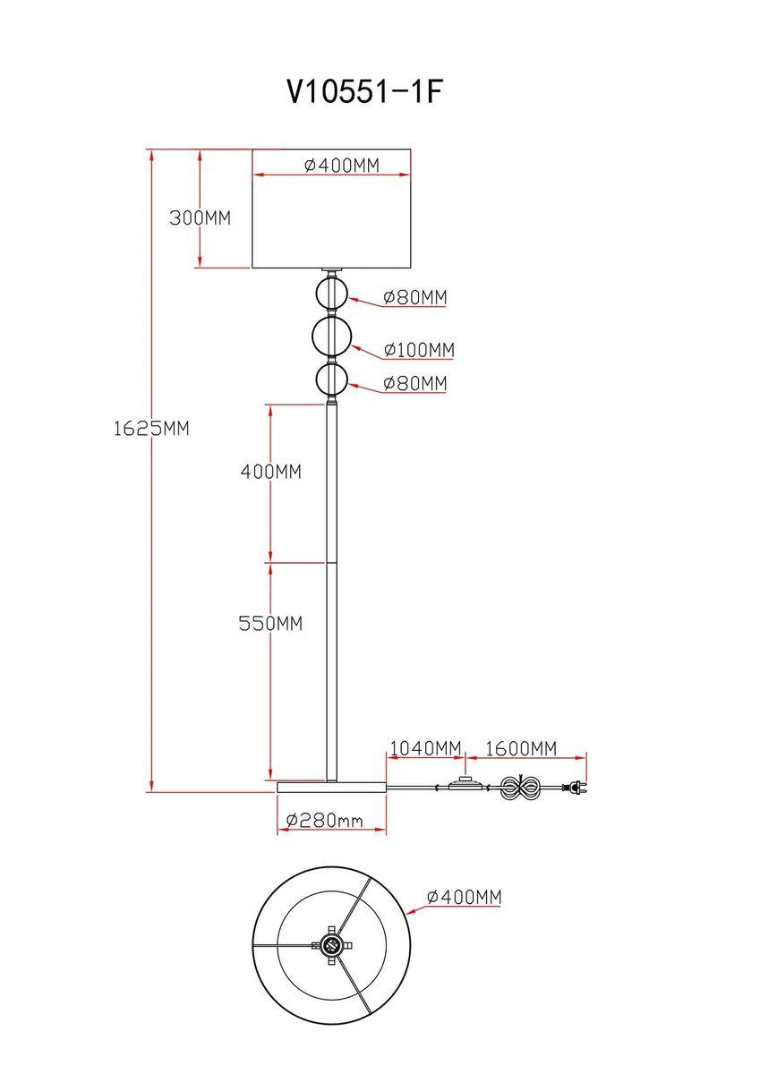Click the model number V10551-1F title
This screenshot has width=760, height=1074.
364,91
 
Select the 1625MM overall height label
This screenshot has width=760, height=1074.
151,428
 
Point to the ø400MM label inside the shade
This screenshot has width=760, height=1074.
341,166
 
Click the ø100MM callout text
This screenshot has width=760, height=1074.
418,349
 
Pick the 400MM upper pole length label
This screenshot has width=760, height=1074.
270,471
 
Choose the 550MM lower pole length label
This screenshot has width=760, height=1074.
270,623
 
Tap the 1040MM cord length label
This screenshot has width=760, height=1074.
425,747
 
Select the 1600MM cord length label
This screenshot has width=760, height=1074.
520,747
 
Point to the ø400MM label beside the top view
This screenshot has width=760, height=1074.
464,897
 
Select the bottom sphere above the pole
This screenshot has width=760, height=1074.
332,380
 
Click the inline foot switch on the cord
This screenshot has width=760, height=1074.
465,785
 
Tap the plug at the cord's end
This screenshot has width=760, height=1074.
574,788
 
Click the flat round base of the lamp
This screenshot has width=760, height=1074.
331,787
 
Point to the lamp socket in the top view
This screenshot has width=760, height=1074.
331,944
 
